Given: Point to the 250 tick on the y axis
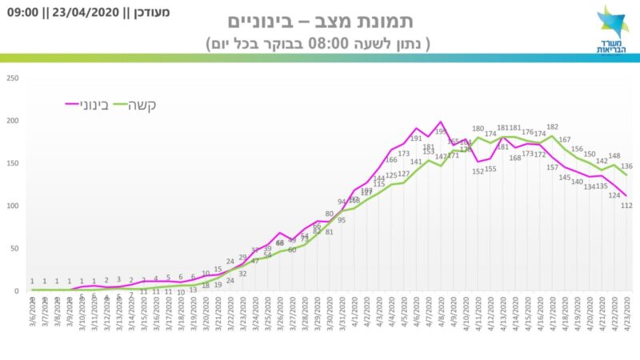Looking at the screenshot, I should point(11,78).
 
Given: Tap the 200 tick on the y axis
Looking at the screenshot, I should point(11,120).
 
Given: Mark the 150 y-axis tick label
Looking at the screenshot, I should point(11,163).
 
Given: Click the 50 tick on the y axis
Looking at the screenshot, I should point(13,248).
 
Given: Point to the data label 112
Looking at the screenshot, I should point(626,206).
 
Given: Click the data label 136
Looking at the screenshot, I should point(627,166).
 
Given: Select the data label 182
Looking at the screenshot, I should point(553,127).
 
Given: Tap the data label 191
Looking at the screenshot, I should point(416,138).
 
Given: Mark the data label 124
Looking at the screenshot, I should point(614,194).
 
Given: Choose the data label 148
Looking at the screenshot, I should point(614,156).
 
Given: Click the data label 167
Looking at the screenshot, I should point(565,139).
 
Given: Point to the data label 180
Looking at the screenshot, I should point(478,128).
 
